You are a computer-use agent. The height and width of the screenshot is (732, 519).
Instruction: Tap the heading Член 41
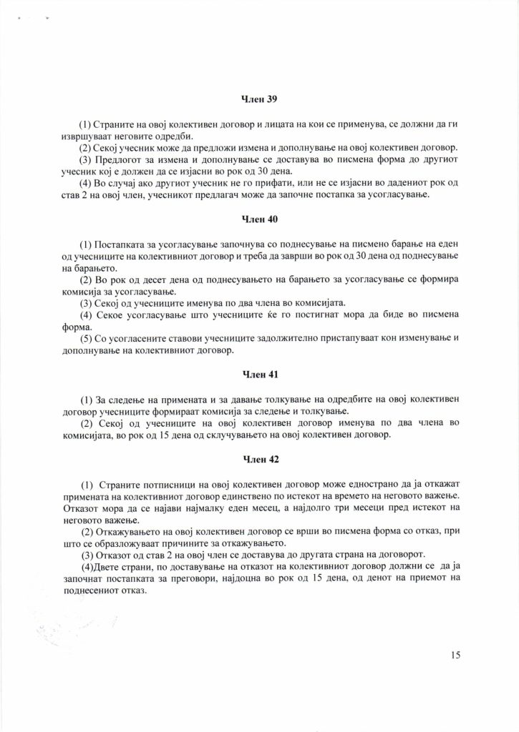click(259, 373)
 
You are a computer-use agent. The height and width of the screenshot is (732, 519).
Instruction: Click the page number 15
click(457, 654)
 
